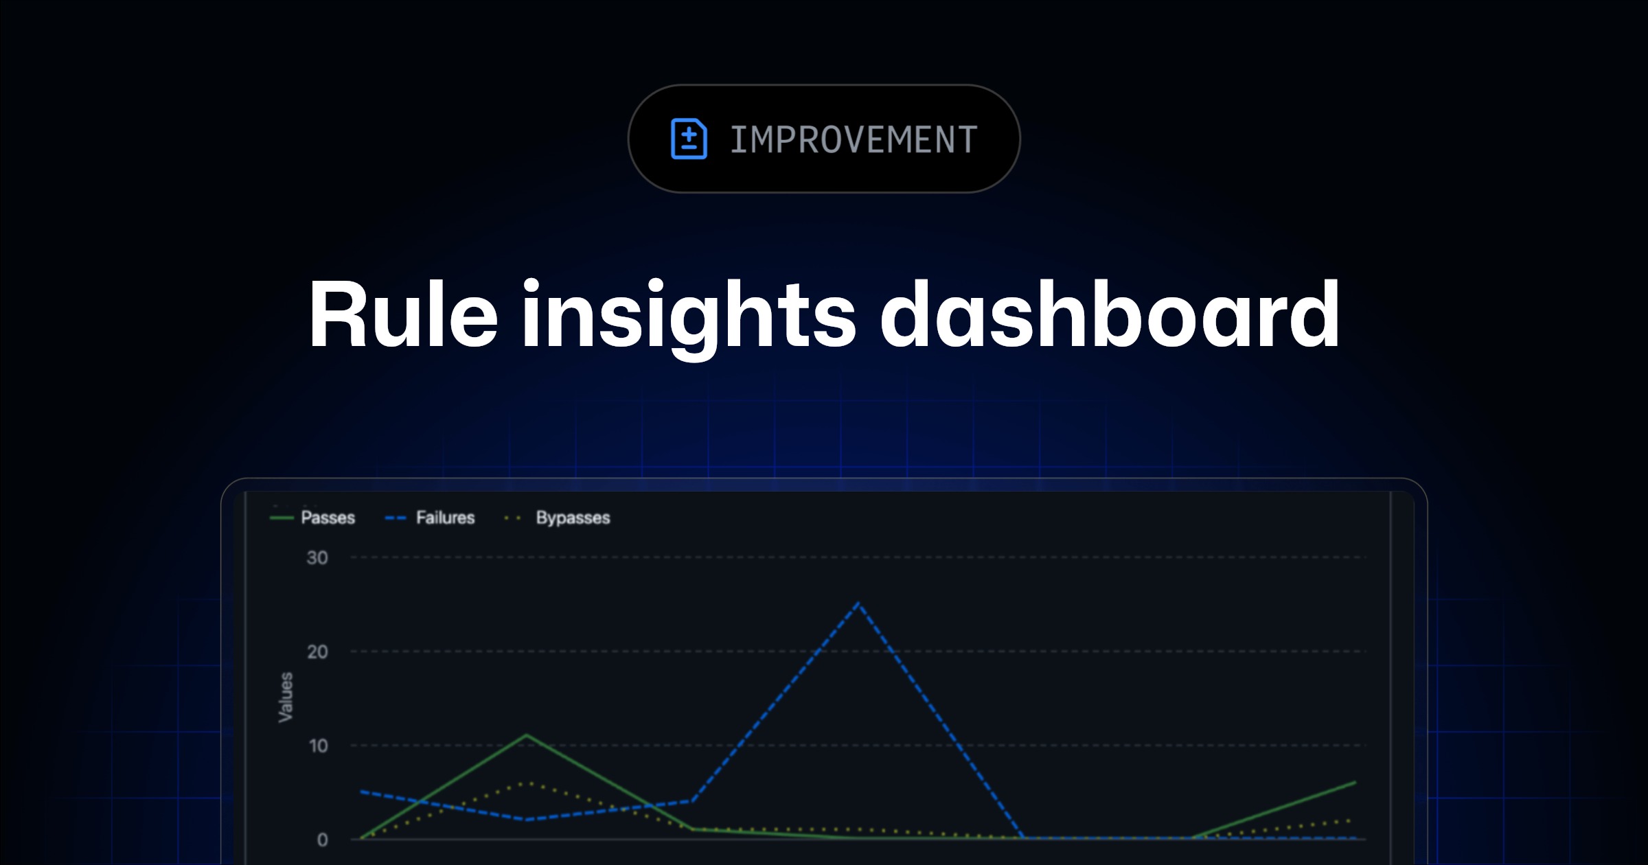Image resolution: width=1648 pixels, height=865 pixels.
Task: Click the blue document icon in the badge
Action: tap(689, 139)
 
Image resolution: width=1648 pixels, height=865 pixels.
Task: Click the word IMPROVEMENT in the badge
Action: tap(854, 139)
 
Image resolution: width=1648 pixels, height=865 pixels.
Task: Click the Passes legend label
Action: tap(328, 518)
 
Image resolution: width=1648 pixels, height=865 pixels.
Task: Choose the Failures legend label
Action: tap(446, 518)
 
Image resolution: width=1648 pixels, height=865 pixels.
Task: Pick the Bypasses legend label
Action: tap(573, 518)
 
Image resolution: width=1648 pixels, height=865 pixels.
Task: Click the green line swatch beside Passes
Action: tap(282, 518)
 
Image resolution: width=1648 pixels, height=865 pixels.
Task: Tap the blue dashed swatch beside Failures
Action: tap(396, 518)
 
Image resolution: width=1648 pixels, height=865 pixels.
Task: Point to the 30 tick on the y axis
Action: tap(317, 557)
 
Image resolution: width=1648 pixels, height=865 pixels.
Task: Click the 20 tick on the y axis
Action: tap(317, 651)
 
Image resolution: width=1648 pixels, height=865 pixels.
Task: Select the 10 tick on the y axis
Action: tap(318, 746)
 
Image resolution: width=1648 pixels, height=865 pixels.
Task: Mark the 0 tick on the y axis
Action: tap(322, 840)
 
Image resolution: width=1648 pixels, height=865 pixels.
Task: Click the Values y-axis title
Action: tap(286, 697)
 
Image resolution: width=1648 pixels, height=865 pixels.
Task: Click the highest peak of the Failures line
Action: tap(858, 603)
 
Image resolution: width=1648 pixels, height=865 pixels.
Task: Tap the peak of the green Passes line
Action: tap(527, 735)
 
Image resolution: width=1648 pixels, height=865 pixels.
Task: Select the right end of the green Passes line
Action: tap(1355, 782)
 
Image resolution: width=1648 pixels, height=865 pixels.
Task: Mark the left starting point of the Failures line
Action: tap(361, 792)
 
